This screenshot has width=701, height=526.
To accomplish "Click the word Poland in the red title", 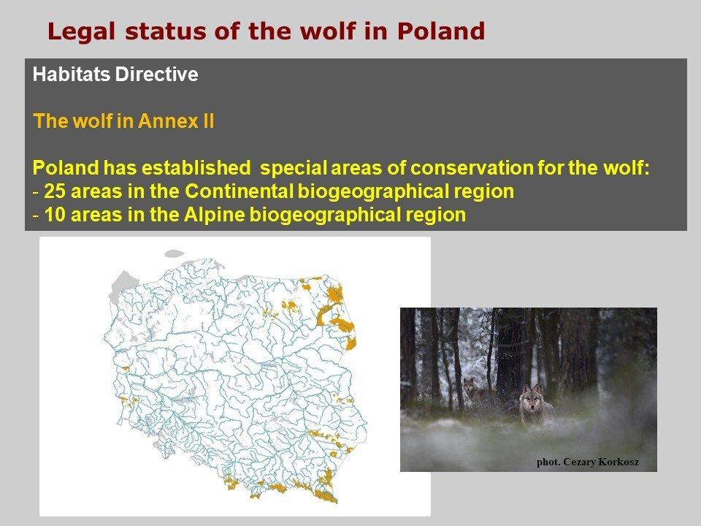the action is tap(440, 31).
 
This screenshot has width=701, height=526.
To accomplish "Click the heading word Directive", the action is tap(156, 75).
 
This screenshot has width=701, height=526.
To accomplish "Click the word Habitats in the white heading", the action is tap(72, 75).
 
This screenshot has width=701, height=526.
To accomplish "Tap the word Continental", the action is tap(239, 191).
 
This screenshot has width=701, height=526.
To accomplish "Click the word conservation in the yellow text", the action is tap(472, 168).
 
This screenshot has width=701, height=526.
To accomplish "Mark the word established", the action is tap(196, 168).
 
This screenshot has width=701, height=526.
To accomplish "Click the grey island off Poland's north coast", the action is tap(175, 254).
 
